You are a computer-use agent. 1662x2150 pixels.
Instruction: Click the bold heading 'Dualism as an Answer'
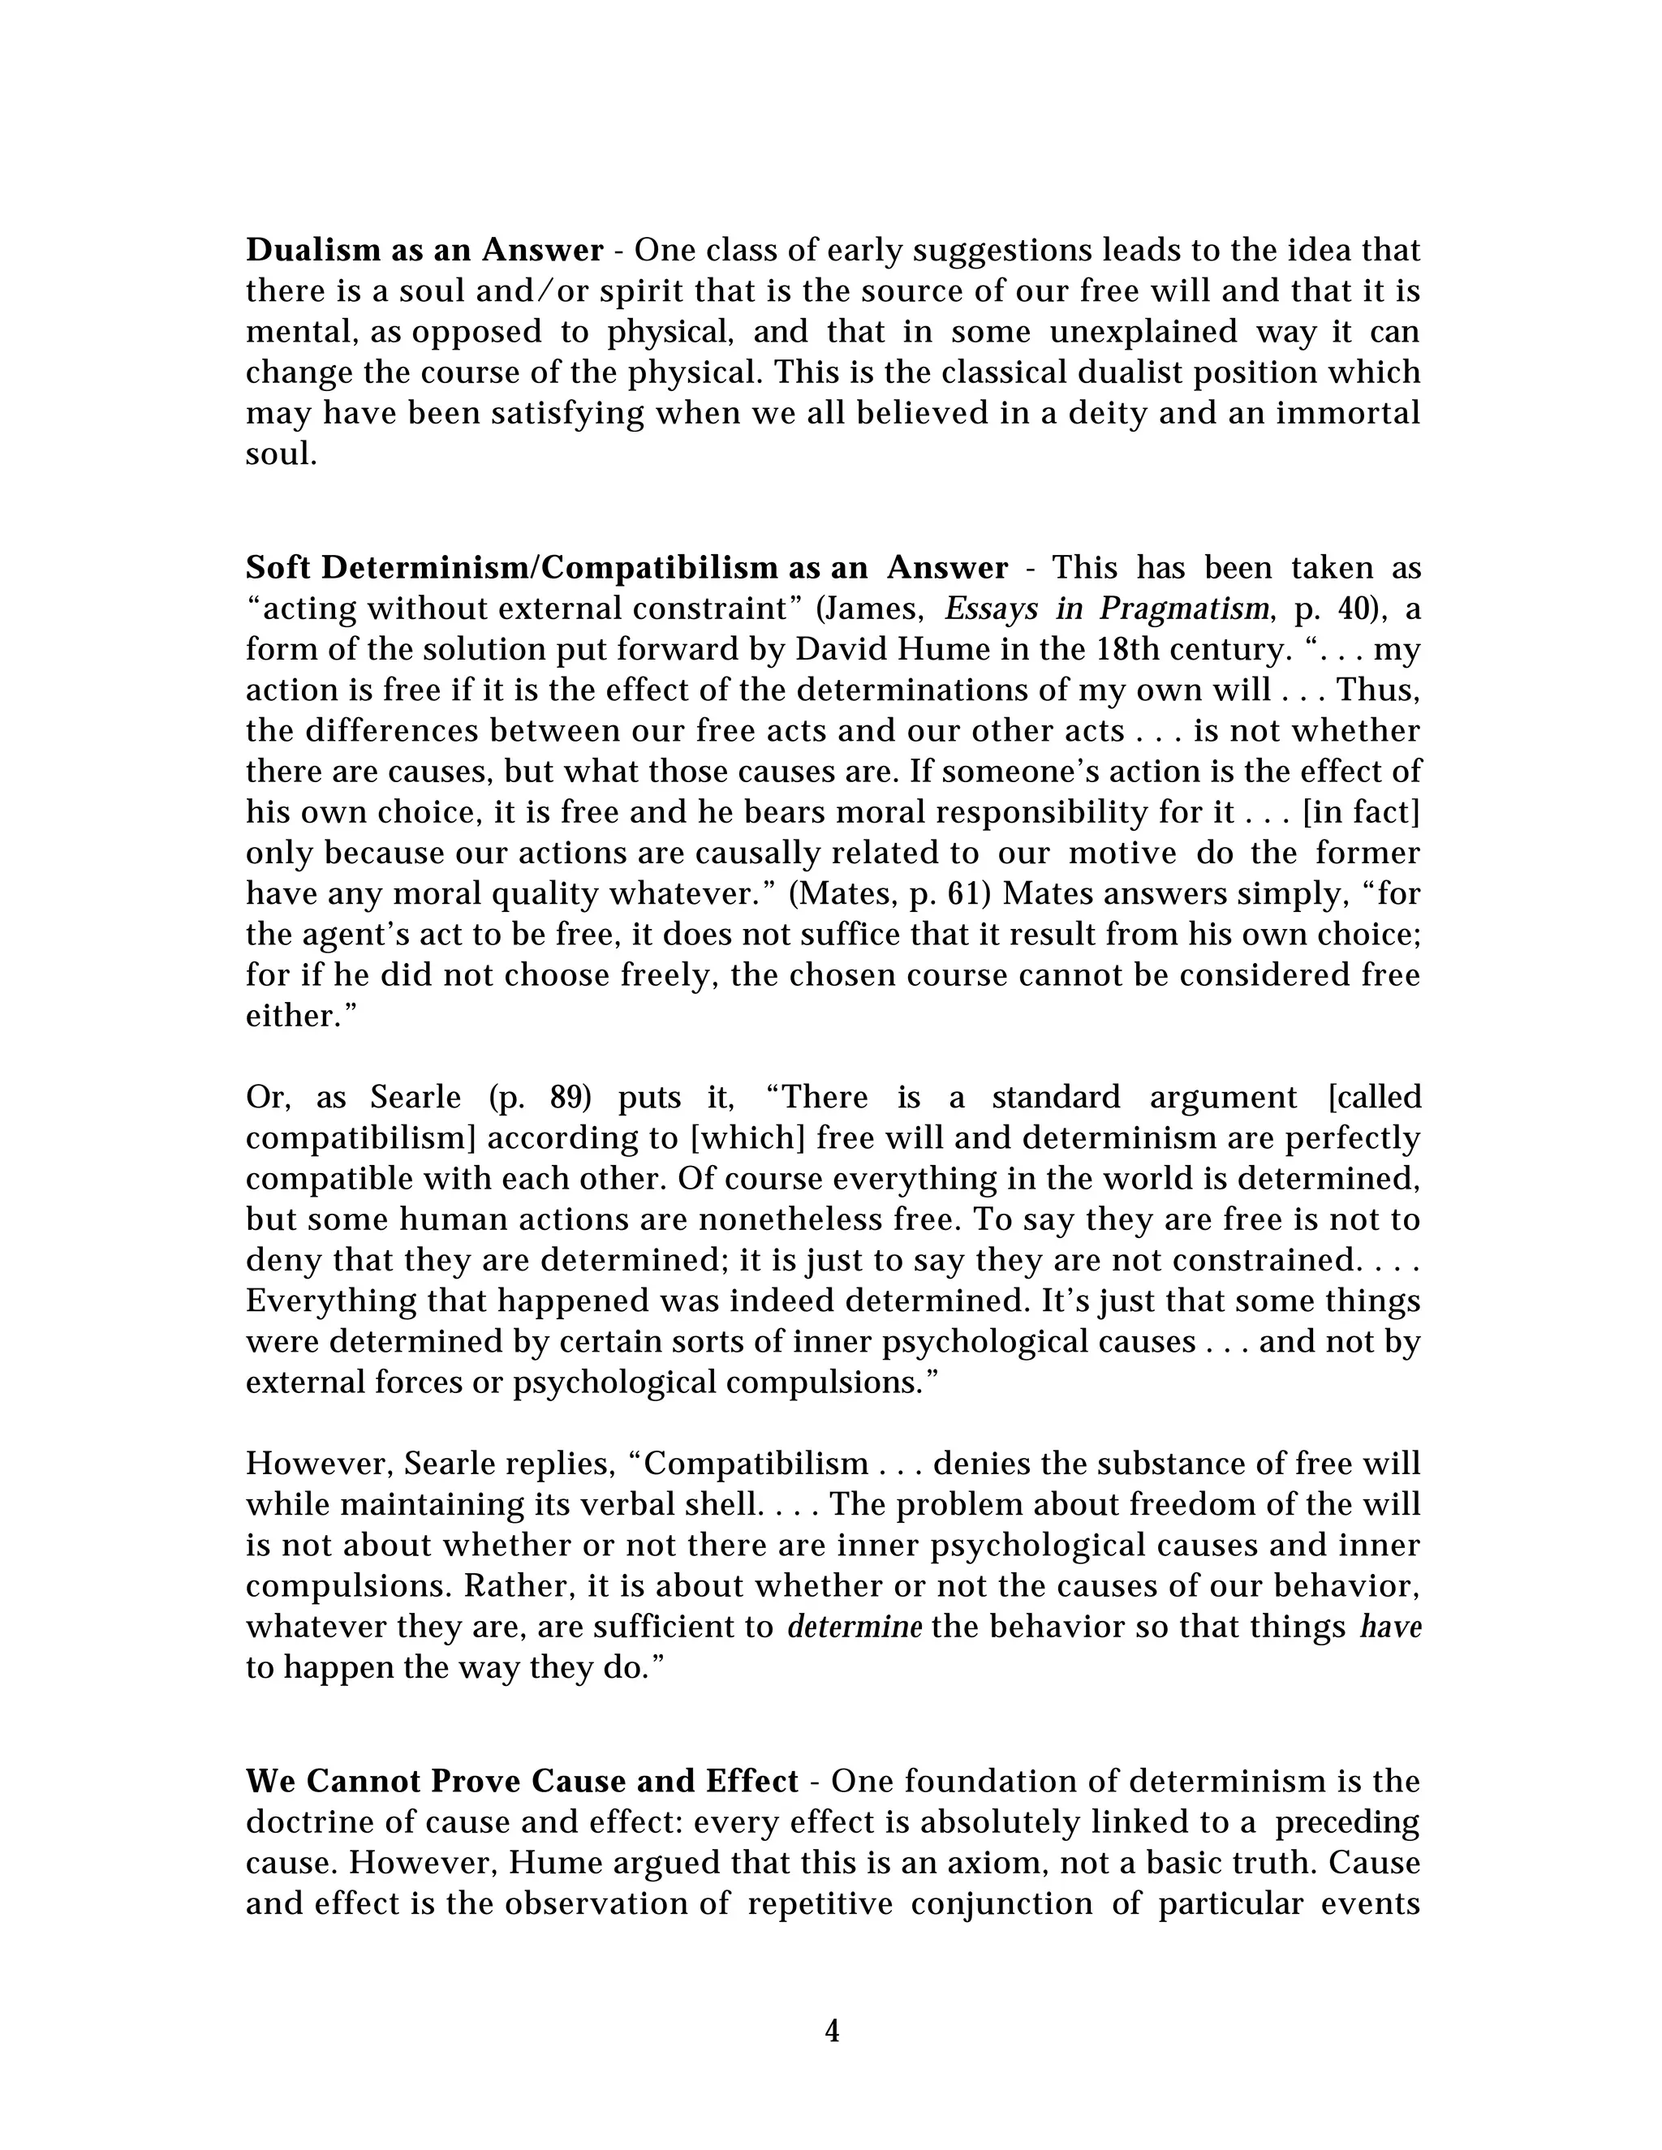point(424,251)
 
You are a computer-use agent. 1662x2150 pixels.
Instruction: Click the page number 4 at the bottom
point(831,2030)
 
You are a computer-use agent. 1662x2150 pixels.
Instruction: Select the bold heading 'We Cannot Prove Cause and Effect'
point(522,1782)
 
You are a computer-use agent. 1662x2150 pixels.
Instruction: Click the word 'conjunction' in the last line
point(1001,1904)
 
